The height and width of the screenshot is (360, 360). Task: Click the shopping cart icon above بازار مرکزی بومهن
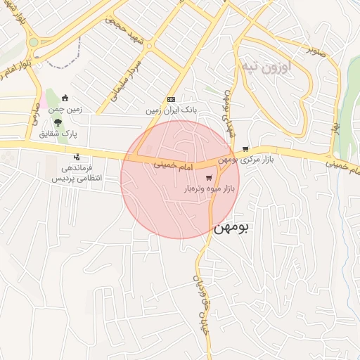click(x=245, y=148)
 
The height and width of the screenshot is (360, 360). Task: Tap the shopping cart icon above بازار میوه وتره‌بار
click(x=210, y=177)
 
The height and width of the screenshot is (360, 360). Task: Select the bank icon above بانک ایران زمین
click(x=171, y=99)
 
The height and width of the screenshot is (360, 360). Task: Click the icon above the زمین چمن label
click(x=65, y=98)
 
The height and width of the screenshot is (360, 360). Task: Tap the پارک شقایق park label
click(x=58, y=132)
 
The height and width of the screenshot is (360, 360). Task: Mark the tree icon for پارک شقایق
click(x=58, y=121)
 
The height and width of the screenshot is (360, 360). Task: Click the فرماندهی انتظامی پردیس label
click(x=78, y=173)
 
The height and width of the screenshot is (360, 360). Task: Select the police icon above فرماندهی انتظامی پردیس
click(x=77, y=156)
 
